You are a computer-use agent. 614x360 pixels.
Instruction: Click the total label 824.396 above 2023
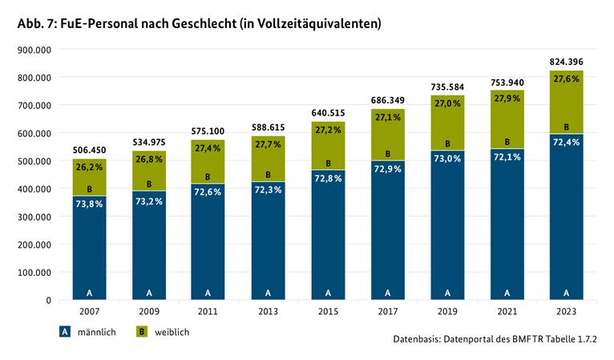(566, 62)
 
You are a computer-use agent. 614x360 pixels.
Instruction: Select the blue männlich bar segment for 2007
(89, 248)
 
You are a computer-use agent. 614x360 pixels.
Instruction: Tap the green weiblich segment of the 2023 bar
(566, 103)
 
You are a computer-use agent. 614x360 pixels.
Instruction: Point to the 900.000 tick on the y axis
(34, 50)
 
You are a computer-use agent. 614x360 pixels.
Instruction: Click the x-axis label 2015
(328, 311)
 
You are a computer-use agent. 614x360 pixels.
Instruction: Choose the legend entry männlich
(87, 332)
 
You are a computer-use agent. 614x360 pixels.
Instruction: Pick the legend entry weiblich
(163, 332)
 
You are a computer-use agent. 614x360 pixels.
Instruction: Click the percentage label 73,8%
(89, 204)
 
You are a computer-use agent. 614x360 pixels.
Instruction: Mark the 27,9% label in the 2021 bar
(507, 99)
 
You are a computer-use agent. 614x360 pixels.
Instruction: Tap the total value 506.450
(89, 150)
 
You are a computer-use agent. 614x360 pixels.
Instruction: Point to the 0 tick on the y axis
(49, 301)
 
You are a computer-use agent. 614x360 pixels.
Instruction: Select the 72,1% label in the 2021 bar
(507, 157)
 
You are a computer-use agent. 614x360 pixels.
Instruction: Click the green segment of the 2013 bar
(268, 159)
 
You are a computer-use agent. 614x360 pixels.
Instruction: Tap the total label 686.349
(388, 100)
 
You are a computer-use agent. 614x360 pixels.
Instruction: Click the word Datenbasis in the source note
(416, 339)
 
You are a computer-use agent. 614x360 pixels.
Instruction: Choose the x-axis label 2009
(149, 311)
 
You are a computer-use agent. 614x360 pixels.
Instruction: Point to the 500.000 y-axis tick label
(34, 161)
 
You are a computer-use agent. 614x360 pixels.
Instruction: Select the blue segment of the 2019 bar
(447, 225)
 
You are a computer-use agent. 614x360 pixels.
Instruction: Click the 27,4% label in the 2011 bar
(208, 148)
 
